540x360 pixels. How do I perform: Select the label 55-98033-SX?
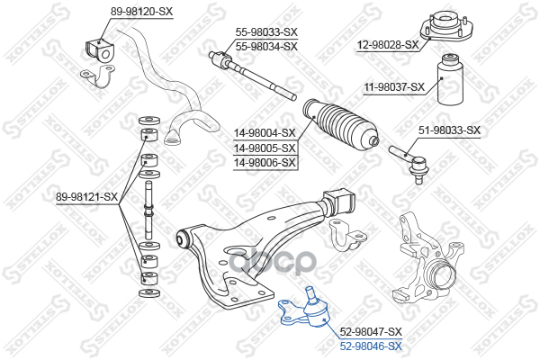click(x=266, y=31)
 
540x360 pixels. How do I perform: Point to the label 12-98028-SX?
click(x=388, y=44)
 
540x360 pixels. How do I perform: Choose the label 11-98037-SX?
click(x=393, y=87)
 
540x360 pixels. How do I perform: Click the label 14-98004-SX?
click(x=265, y=132)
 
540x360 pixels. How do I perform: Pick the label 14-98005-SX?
click(x=265, y=148)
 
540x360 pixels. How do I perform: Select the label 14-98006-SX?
click(x=265, y=162)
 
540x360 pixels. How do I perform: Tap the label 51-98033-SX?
click(x=450, y=130)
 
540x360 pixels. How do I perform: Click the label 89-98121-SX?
click(x=87, y=196)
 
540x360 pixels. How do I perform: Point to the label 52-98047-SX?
click(x=370, y=331)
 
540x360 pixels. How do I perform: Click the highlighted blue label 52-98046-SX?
click(x=370, y=346)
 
